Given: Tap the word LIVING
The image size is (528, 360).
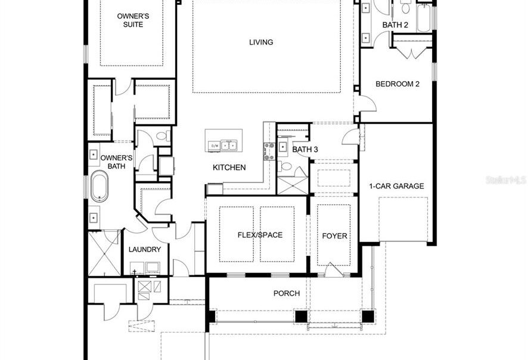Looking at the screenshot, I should click(261, 42).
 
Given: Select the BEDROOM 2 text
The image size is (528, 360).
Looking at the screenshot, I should click(397, 84).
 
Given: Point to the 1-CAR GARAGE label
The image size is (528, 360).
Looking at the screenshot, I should click(396, 186).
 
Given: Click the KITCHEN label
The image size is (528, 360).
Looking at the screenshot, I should click(229, 167).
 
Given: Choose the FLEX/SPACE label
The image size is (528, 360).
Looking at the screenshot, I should click(260, 235).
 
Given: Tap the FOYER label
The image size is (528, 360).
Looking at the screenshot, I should click(334, 236).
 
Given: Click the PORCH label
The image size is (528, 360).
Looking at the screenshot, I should click(286, 293).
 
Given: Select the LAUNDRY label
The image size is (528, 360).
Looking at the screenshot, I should click(145, 249).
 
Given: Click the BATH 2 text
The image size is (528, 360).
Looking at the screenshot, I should click(395, 24).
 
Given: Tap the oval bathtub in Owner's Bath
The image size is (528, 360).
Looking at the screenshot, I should click(100, 185).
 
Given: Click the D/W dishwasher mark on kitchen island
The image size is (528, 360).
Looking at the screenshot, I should click(213, 144).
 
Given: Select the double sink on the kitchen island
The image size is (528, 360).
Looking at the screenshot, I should click(229, 144).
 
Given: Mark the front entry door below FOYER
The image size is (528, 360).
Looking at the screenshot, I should click(334, 271).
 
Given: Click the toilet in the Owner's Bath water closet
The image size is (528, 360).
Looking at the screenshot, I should click(160, 137).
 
